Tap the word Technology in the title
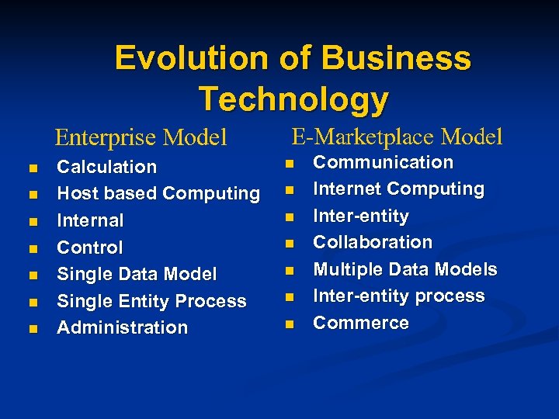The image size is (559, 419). (293, 99)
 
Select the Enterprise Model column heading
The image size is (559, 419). (141, 138)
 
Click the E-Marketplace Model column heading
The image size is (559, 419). (397, 137)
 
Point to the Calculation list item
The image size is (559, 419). (107, 167)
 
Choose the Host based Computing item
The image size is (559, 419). (158, 193)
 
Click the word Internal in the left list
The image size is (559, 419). (90, 220)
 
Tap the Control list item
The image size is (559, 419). (90, 248)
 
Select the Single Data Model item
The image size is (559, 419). (137, 274)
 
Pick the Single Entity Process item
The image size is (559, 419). (151, 301)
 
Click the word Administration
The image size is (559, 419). (123, 327)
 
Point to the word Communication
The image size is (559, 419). (383, 162)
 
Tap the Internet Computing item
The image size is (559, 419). (398, 189)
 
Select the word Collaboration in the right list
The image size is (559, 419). (373, 242)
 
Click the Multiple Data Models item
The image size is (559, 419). (404, 269)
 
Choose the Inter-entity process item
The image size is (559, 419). (398, 296)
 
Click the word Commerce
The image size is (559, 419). (361, 323)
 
